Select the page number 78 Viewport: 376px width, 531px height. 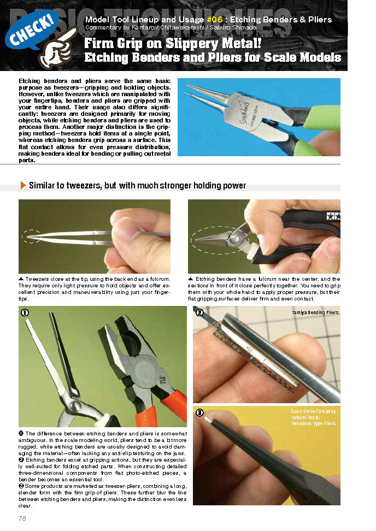click(22, 518)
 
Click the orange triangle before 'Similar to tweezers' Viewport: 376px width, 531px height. click(23, 186)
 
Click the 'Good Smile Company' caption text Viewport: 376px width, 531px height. click(313, 411)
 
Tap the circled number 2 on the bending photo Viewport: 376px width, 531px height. click(199, 313)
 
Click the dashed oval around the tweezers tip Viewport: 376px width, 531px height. click(32, 236)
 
